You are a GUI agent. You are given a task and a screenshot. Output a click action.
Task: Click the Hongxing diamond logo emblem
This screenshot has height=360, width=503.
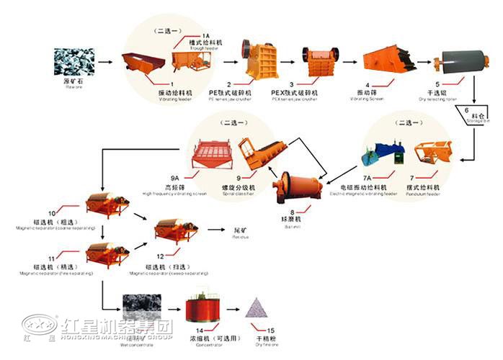(x=40, y=326)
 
